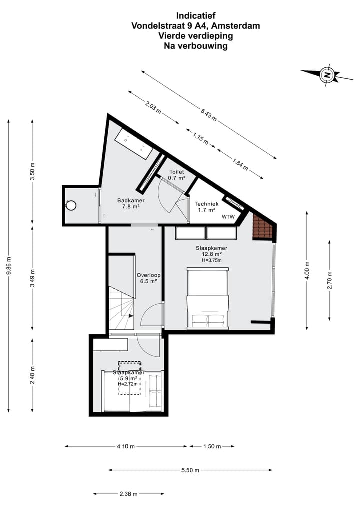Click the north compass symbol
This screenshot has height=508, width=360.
(327, 75)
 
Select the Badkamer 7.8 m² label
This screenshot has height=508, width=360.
(128, 203)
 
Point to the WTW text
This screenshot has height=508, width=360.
(228, 217)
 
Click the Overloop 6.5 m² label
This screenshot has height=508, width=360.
(147, 278)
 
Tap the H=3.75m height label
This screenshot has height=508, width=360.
(211, 260)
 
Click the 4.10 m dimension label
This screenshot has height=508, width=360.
(126, 446)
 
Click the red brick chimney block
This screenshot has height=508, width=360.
(262, 228)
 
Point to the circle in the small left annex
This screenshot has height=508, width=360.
(71, 205)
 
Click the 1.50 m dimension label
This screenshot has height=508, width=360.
(212, 446)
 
